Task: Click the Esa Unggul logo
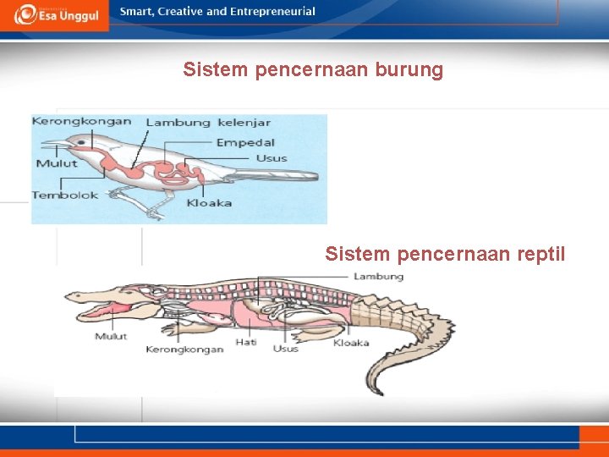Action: (x=55, y=14)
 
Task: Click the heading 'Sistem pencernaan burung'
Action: (x=313, y=69)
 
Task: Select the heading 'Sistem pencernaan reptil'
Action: (x=445, y=253)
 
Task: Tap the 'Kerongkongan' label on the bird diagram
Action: (x=82, y=121)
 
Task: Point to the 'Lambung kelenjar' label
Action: (x=208, y=122)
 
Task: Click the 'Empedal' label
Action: (x=244, y=142)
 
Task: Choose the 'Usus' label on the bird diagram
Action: (x=271, y=158)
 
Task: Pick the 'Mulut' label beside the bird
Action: (x=56, y=163)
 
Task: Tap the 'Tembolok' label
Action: (x=65, y=195)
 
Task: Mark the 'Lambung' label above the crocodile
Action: (x=378, y=277)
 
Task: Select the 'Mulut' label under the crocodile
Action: (x=110, y=336)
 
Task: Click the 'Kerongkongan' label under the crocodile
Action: (x=184, y=349)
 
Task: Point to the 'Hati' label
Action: (x=246, y=343)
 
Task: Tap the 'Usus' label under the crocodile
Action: (x=285, y=348)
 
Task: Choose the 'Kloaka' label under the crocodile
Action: (x=351, y=343)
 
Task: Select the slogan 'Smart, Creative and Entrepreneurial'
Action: (x=217, y=12)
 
